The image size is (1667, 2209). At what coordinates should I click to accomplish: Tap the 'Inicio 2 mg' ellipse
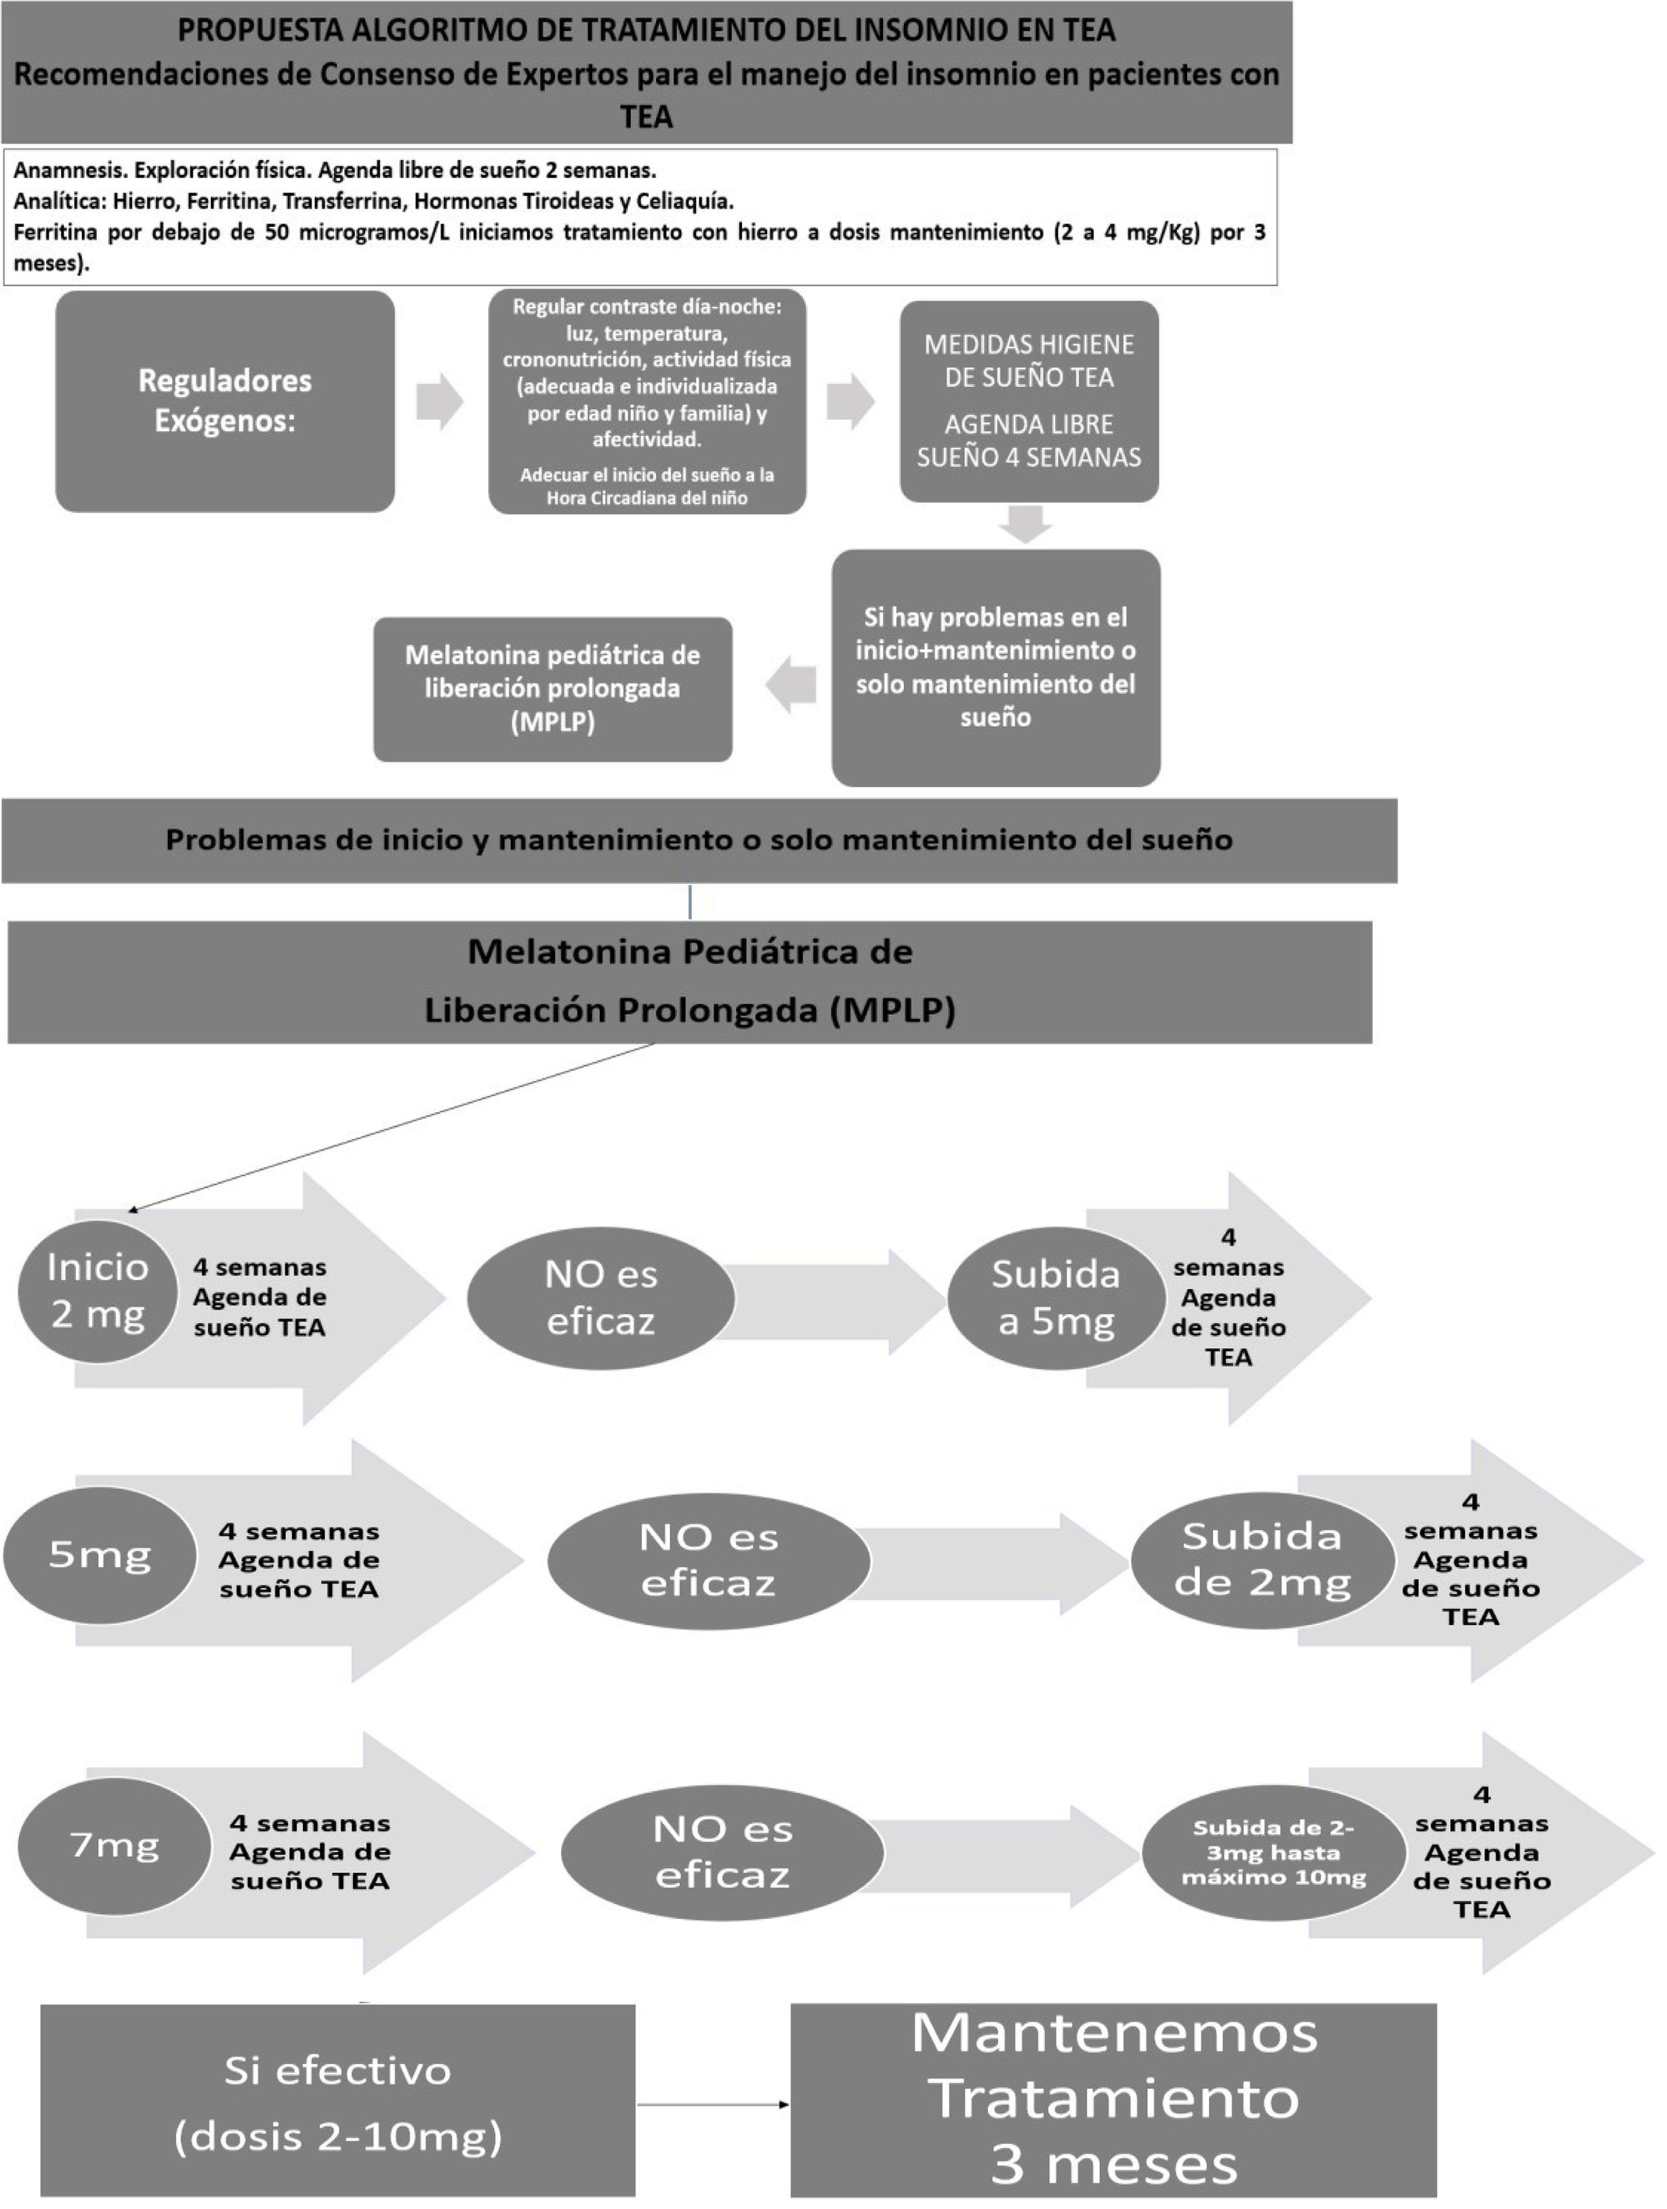pos(98,1290)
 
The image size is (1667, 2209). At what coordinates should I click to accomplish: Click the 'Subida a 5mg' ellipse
pos(1056,1297)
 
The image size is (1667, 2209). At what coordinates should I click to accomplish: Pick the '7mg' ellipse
pos(114,1845)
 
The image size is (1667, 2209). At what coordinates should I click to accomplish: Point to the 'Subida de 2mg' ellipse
pos(1262,1560)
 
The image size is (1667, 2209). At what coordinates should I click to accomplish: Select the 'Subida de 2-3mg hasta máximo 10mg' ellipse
pos(1273,1853)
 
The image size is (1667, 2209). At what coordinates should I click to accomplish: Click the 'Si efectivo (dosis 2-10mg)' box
pos(337,2103)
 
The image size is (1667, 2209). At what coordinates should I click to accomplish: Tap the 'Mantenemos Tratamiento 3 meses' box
pos(1113,2100)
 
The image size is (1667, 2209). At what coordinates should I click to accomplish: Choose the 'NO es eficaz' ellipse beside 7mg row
pos(722,1853)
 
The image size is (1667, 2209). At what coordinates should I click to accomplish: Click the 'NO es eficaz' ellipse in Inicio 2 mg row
pos(600,1297)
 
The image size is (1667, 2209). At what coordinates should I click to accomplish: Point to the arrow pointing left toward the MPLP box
pos(792,685)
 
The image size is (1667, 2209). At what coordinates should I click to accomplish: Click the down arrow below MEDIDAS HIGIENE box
pos(1026,523)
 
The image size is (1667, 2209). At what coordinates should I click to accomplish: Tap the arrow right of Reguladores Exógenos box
pos(440,402)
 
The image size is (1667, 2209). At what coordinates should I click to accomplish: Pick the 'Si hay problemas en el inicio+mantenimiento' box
pos(996,667)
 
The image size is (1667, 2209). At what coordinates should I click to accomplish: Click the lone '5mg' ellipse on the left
pos(99,1555)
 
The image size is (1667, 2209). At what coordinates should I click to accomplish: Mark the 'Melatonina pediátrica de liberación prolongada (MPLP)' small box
pos(552,688)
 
